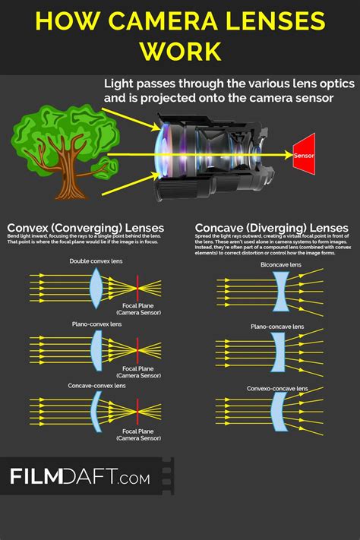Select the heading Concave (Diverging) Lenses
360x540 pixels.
271,228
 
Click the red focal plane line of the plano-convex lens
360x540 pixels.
137,352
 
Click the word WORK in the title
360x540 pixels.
180,52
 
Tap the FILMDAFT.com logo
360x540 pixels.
80,477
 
